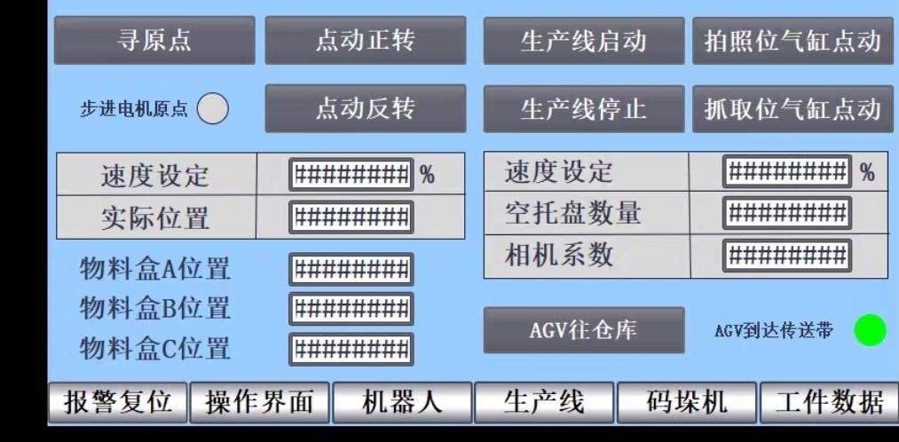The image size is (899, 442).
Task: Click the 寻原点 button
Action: point(154,41)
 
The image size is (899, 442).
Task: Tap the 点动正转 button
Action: point(365,41)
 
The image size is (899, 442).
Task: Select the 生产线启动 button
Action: point(583,41)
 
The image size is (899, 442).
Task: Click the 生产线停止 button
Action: point(583,109)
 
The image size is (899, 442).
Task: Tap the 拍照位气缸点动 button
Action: point(792,41)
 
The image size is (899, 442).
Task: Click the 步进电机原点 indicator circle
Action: point(213,109)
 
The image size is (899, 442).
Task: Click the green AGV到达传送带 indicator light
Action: point(870,330)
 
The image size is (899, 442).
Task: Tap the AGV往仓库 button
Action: point(583,330)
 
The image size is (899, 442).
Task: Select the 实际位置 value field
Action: point(351,216)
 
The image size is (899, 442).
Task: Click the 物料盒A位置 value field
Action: point(351,269)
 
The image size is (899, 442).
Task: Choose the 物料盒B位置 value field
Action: point(351,309)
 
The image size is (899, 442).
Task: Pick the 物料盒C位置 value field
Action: point(351,348)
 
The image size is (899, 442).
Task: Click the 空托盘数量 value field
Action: point(786,213)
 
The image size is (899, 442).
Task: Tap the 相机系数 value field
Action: point(786,255)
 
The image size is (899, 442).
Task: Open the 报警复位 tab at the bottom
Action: point(117,403)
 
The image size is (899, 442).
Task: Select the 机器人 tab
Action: point(402,403)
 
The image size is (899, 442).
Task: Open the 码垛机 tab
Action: point(686,403)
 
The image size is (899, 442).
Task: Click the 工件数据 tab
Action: point(829,403)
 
